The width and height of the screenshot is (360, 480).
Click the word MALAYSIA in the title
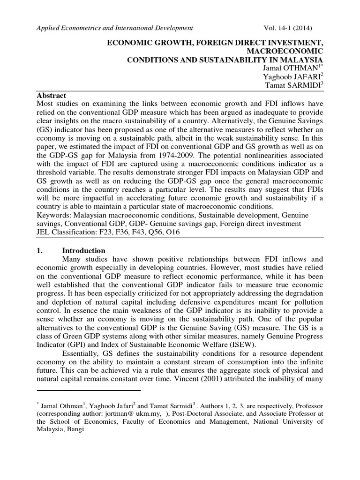tap(302, 60)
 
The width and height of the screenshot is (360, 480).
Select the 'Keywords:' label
tap(53, 216)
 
